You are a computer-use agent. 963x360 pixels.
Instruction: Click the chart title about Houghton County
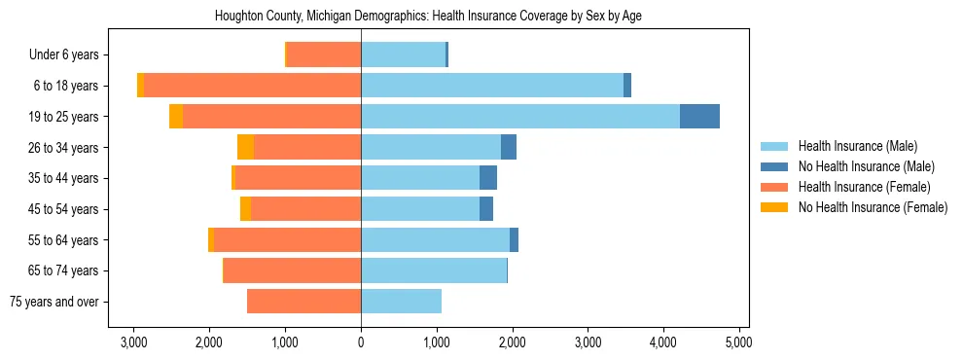(428, 16)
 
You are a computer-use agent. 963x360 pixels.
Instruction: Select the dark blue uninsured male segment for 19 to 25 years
(699, 117)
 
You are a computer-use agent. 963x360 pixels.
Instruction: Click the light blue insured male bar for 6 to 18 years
(492, 86)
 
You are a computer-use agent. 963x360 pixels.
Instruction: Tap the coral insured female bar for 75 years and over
(303, 302)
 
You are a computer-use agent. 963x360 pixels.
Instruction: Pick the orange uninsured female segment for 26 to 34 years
(245, 147)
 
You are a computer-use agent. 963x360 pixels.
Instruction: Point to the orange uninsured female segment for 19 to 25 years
(176, 117)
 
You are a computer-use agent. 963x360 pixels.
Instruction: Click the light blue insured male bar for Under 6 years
(403, 55)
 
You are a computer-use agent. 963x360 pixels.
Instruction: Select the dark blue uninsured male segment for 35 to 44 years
(488, 178)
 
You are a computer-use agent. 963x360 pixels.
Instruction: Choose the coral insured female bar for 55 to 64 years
(287, 240)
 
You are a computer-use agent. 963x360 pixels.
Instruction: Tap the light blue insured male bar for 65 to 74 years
(434, 270)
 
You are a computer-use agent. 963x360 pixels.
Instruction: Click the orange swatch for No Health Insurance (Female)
(774, 207)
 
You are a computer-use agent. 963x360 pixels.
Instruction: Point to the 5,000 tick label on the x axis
(739, 342)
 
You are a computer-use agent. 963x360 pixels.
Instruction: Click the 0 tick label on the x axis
(361, 342)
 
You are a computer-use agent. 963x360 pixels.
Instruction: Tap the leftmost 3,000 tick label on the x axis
(133, 342)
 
